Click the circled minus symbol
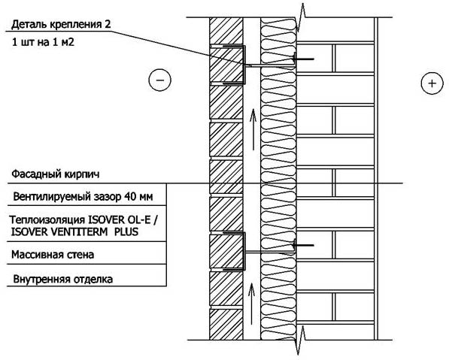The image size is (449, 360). pyautogui.click(x=159, y=80)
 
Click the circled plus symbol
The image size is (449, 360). pyautogui.click(x=432, y=83)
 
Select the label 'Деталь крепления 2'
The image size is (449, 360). pyautogui.click(x=61, y=24)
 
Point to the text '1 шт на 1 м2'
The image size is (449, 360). pyautogui.click(x=43, y=42)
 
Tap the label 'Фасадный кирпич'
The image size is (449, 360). pyautogui.click(x=56, y=174)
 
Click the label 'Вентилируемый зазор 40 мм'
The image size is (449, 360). pyautogui.click(x=83, y=197)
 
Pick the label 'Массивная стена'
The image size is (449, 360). pyautogui.click(x=53, y=254)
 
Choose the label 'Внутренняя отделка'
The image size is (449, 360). pyautogui.click(x=63, y=279)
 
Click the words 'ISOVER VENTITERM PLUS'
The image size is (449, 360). pyautogui.click(x=74, y=231)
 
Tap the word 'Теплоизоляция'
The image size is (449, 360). pyautogui.click(x=47, y=219)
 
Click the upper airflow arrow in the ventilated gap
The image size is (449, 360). pyautogui.click(x=253, y=129)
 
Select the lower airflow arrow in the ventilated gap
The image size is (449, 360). pyautogui.click(x=251, y=304)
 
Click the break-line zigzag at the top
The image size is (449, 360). pyautogui.click(x=301, y=17)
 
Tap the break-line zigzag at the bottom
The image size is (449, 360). pyautogui.click(x=301, y=340)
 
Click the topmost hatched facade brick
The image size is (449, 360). pyautogui.click(x=226, y=31)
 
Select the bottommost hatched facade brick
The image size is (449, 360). pyautogui.click(x=226, y=324)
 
